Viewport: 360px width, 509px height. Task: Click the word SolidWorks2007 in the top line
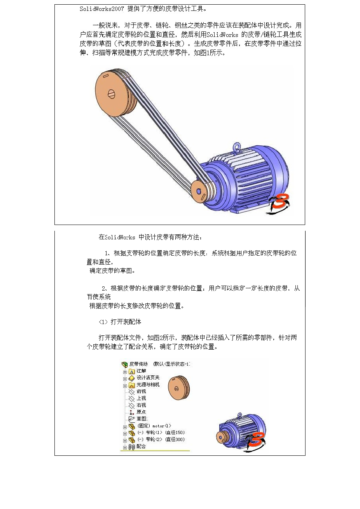(x=102, y=9)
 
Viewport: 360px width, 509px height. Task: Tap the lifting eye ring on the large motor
(x=236, y=147)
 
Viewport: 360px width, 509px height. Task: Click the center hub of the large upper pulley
(x=111, y=94)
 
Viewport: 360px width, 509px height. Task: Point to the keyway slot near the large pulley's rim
(x=105, y=76)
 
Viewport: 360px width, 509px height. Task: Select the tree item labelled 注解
(x=141, y=371)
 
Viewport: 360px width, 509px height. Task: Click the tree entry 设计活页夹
(x=148, y=378)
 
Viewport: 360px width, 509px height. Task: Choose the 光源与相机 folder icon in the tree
(x=132, y=385)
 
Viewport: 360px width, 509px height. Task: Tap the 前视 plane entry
(x=141, y=391)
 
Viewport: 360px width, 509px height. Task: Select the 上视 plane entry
(x=141, y=398)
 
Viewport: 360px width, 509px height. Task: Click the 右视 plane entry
(x=141, y=405)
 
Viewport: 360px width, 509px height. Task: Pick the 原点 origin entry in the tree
(x=141, y=412)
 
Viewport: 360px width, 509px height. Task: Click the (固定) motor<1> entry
(x=154, y=426)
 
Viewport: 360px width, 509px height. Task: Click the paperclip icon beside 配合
(x=131, y=447)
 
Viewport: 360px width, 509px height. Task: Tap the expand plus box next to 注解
(x=125, y=371)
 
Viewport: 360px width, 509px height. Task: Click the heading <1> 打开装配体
(x=120, y=322)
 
